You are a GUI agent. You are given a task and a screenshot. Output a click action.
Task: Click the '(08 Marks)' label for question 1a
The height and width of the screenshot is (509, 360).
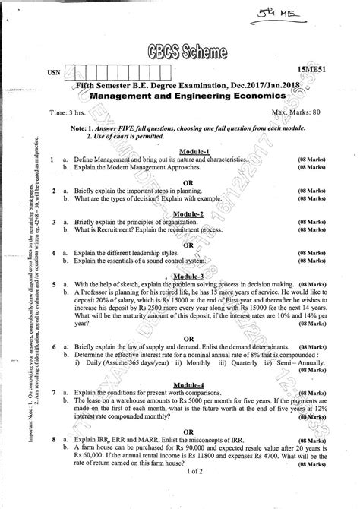coord(314,160)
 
